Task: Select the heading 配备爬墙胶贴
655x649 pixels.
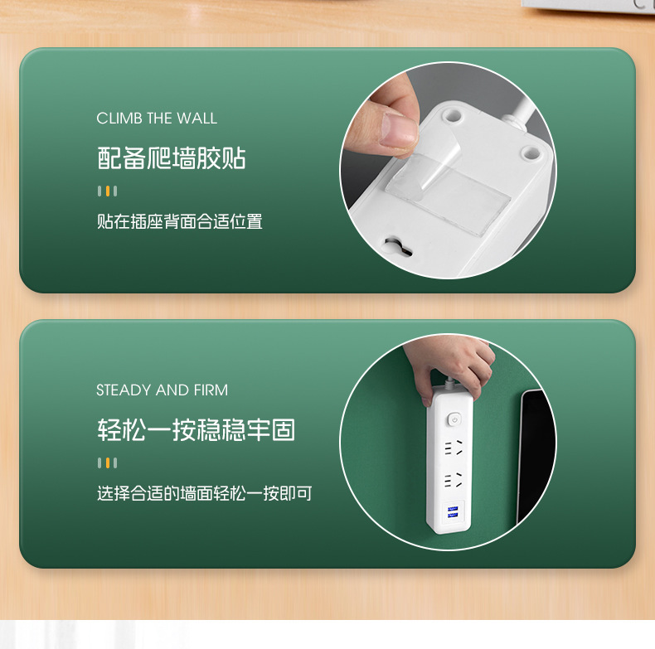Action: point(172,158)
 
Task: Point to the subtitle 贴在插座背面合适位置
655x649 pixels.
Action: point(179,221)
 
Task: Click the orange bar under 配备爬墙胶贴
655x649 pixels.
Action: point(108,191)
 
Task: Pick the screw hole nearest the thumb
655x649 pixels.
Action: point(453,111)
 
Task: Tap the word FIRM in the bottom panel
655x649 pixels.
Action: point(211,390)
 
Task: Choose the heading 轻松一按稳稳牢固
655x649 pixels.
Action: point(196,430)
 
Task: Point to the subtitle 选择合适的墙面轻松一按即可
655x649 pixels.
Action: point(204,494)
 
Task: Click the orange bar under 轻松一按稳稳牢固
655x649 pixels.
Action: point(108,463)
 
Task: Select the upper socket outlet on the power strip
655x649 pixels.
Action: point(453,448)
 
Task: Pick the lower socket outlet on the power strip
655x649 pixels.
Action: point(453,480)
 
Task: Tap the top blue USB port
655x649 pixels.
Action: point(453,507)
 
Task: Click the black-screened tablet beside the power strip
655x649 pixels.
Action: point(536,452)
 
